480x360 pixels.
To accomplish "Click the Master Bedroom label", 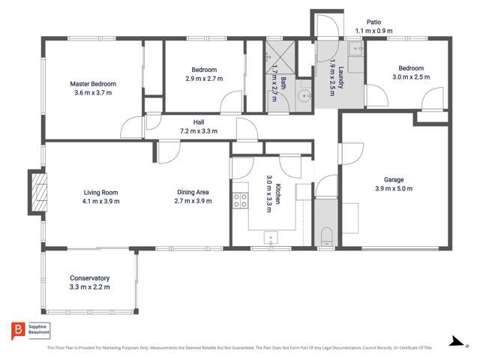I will click(x=93, y=84).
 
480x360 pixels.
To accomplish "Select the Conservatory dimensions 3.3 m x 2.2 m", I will click(x=90, y=287).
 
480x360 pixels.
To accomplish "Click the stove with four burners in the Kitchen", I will click(x=241, y=200).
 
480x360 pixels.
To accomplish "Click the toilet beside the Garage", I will click(x=326, y=239).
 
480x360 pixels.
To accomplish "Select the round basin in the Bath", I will click(x=304, y=95).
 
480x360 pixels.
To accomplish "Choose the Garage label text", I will click(x=394, y=179).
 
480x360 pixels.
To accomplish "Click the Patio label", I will click(x=374, y=22).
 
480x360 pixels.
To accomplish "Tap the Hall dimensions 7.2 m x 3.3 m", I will click(x=198, y=130).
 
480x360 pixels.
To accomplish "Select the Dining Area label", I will click(x=192, y=192).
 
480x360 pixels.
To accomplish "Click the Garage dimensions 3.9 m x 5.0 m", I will click(x=394, y=188).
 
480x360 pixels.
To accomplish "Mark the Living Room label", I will click(x=101, y=192).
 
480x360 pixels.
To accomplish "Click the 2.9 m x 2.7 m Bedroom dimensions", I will click(x=203, y=78).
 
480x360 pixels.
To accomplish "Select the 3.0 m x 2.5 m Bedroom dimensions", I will click(x=410, y=76).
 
